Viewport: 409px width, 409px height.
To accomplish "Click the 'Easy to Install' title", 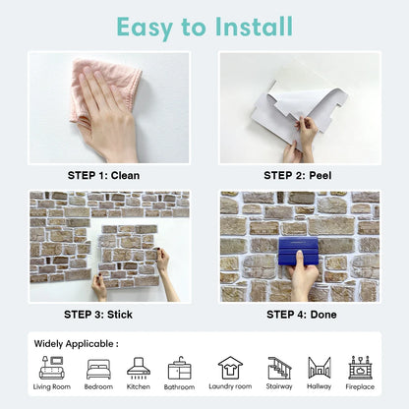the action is [204, 27].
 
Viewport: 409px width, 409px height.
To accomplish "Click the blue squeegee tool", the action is [298, 251].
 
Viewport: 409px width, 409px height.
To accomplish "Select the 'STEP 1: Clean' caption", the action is [103, 175].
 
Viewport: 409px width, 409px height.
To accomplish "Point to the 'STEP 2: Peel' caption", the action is [298, 175].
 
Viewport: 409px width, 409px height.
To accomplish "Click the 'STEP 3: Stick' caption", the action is [98, 315].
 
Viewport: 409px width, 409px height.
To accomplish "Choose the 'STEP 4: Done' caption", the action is [302, 315].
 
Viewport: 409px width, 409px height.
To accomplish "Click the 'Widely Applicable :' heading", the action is [77, 344].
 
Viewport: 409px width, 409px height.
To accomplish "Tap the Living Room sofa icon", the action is [52, 368].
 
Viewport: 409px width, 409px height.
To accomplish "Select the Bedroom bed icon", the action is [98, 370].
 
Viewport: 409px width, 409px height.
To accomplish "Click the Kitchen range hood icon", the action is [139, 368].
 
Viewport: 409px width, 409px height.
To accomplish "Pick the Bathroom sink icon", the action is [180, 368].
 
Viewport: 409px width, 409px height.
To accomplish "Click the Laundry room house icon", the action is [230, 368].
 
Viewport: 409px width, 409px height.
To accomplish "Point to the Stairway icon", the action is [279, 368].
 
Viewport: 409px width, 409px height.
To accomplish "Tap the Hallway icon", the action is [320, 368].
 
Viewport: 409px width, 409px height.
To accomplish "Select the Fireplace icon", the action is [360, 368].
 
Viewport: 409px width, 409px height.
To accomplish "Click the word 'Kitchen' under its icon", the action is [139, 386].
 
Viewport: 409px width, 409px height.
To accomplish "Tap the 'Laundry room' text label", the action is [230, 386].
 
